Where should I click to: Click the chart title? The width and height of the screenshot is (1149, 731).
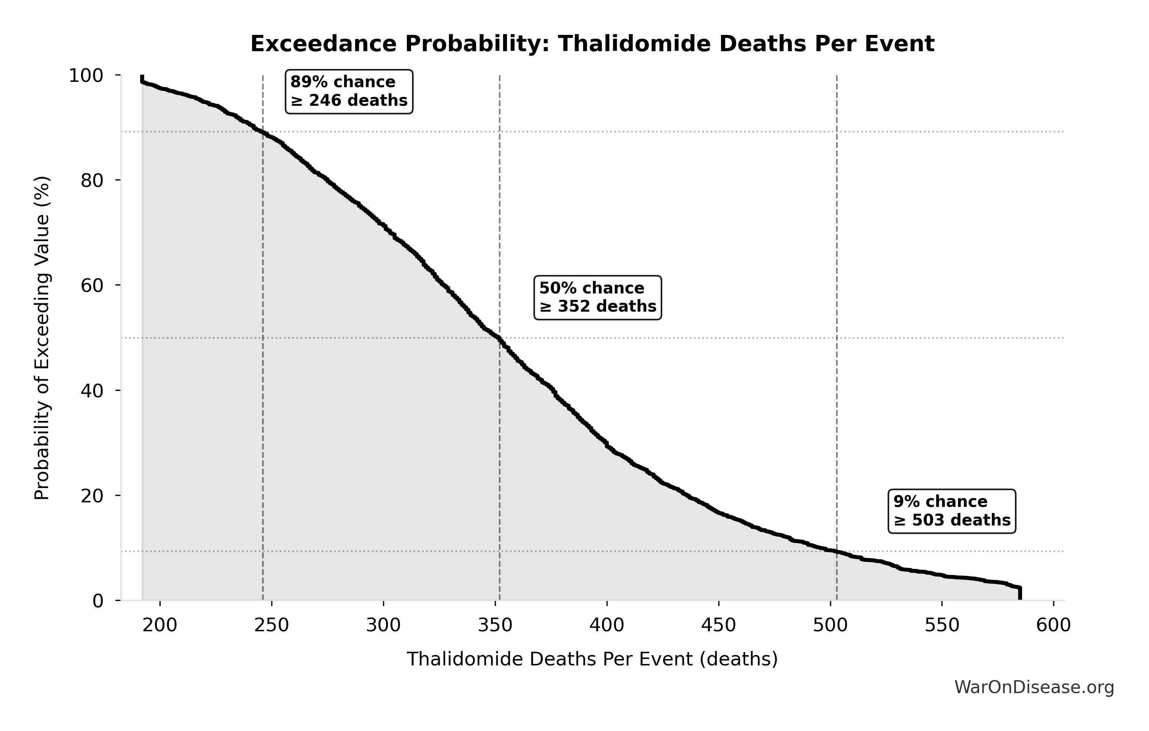592,44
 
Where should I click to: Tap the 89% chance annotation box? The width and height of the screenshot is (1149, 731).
349,91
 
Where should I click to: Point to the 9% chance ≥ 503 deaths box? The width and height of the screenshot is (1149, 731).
952,511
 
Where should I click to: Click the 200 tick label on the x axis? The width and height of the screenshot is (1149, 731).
160,625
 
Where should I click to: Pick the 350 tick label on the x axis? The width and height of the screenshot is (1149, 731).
495,625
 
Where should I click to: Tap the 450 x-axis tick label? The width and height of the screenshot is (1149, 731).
719,625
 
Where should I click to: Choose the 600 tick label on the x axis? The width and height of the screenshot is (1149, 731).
1054,625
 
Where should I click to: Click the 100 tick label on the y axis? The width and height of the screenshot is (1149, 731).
86,75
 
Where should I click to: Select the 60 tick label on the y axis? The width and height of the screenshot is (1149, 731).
92,285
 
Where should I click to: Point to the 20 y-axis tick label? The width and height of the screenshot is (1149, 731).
92,496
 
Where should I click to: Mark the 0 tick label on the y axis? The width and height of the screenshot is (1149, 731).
98,601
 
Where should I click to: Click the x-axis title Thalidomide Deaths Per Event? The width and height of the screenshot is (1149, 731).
592,659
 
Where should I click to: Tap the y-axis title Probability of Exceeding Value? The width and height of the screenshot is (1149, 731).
42,338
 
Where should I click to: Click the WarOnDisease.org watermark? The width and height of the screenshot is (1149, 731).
1034,687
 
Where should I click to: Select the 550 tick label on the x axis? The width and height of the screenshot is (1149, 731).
942,625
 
